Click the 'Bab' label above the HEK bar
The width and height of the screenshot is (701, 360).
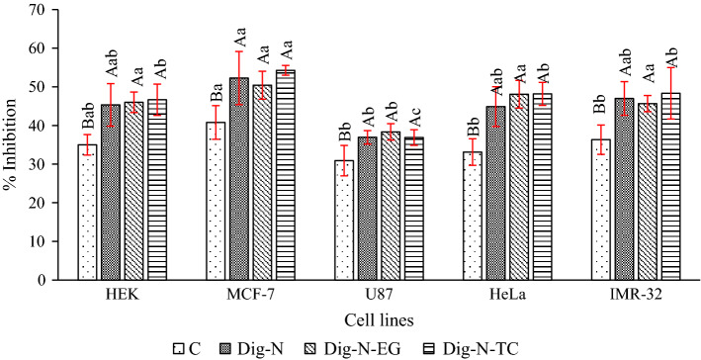click(x=87, y=115)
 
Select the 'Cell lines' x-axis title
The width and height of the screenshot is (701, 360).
click(x=377, y=320)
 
